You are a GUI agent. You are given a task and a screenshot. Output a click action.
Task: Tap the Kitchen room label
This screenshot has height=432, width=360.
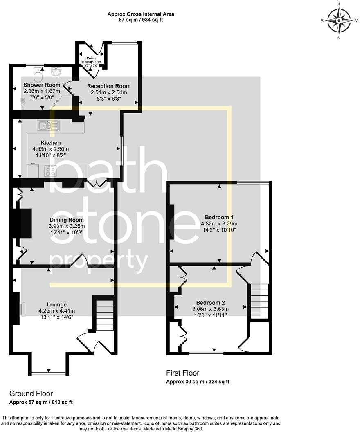coord(51,143)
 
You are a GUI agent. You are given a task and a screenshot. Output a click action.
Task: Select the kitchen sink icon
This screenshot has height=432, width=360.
coord(49,125)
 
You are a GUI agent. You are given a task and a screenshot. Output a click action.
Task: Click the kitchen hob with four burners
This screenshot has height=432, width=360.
coord(51,171)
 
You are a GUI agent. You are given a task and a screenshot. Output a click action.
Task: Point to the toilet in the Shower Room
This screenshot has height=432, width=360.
coord(38,76)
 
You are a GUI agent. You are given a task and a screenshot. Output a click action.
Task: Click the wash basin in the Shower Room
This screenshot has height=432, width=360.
coord(56,72)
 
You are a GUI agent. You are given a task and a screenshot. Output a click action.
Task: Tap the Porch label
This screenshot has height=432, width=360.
coord(91,59)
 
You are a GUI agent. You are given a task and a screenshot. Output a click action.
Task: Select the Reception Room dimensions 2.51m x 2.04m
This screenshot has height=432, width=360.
coord(109,92)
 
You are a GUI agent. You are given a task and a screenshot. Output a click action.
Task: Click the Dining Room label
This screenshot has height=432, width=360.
coord(67,220)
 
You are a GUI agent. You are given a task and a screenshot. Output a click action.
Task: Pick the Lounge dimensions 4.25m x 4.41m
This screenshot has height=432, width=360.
coord(57,311)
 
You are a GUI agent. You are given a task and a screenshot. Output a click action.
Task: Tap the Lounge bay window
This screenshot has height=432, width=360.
coord(49,373)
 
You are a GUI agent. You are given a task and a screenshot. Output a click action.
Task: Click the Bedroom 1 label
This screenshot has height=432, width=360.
coord(219,217)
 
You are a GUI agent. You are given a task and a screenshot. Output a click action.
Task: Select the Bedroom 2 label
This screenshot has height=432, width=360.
coord(209,303)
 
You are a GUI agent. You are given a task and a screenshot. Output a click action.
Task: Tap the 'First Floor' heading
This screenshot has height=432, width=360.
coord(182,373)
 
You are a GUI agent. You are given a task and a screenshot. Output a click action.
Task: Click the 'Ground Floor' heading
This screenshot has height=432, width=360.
coord(31,394)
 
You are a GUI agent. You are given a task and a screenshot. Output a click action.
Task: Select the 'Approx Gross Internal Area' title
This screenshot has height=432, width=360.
coord(141,14)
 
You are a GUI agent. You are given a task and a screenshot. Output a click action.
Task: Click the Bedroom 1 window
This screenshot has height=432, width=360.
coord(253,182)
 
